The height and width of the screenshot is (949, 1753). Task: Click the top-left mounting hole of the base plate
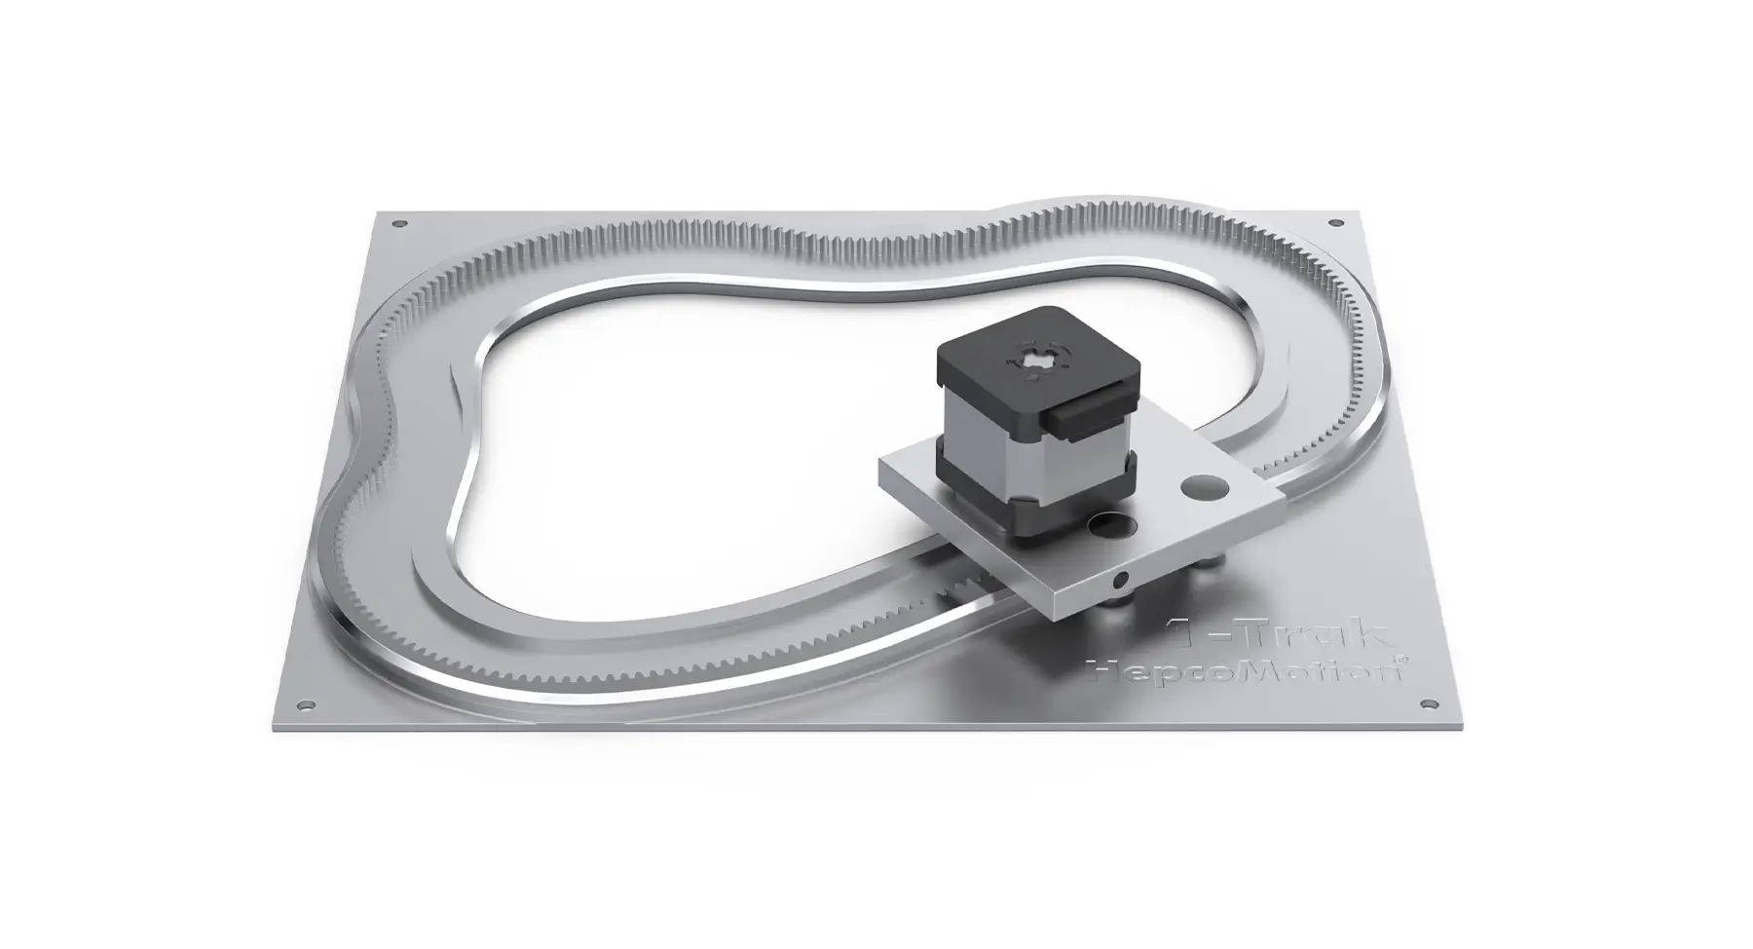[x=397, y=224]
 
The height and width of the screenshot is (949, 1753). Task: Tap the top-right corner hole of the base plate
[x=1334, y=224]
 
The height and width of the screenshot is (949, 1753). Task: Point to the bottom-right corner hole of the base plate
[x=1429, y=703]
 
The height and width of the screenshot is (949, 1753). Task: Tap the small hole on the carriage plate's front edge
[x=1121, y=581]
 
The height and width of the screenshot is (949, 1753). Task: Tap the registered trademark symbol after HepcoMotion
[x=1400, y=660]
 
